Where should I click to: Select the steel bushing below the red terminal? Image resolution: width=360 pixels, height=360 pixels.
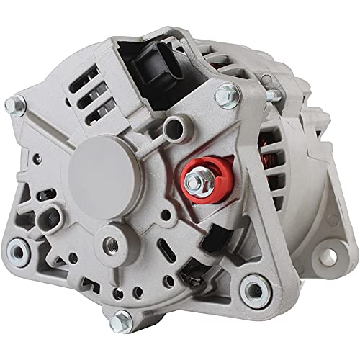click(253, 289)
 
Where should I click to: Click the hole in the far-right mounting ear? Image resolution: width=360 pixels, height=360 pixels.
click(333, 253)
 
